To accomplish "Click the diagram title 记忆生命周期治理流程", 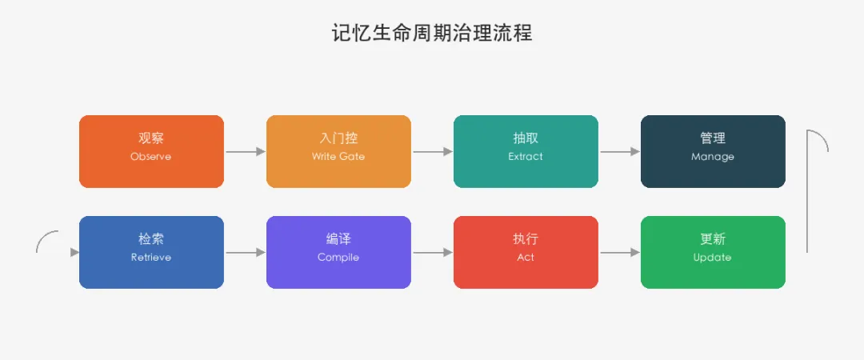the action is (432, 33).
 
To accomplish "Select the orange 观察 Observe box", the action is (151, 152).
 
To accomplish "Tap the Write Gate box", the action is (338, 152).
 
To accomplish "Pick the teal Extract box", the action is (526, 152).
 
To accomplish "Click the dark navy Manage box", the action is (713, 152).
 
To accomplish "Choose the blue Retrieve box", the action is (151, 253).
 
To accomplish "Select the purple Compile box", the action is (338, 253).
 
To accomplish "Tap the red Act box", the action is (526, 253).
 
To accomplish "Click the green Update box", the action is (713, 253).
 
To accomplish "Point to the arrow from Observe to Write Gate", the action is (246, 152).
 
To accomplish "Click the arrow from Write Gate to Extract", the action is (433, 152).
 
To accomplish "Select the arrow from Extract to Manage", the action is (620, 152).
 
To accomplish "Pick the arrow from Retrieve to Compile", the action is (246, 253).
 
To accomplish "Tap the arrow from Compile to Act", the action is (433, 253).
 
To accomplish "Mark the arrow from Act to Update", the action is (620, 253).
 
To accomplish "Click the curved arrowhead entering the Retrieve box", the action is (75, 253).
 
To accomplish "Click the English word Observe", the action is (151, 157).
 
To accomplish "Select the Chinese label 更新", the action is (713, 239).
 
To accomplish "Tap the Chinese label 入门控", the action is (338, 138).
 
